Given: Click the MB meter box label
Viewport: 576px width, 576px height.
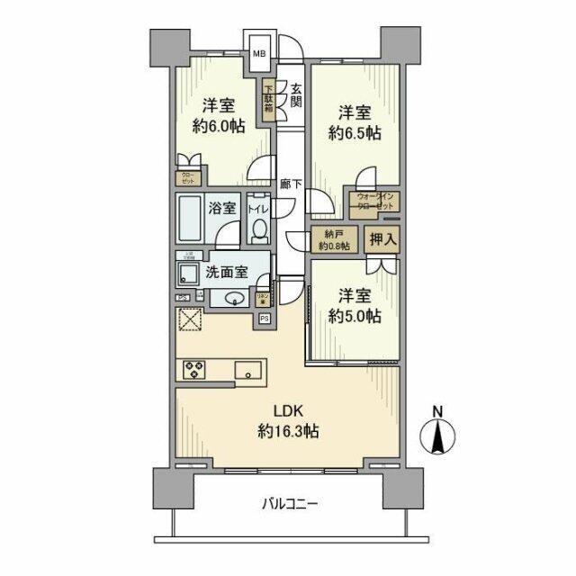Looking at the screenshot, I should [x=258, y=53].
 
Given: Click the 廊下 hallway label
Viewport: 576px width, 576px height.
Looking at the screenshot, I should [x=290, y=184].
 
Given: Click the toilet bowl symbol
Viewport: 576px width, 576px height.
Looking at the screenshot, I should [x=257, y=232].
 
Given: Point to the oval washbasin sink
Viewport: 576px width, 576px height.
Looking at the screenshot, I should [x=236, y=300].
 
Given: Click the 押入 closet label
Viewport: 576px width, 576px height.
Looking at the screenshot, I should [x=382, y=240].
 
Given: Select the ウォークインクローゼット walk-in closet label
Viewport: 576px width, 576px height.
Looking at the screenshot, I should [x=375, y=202].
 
